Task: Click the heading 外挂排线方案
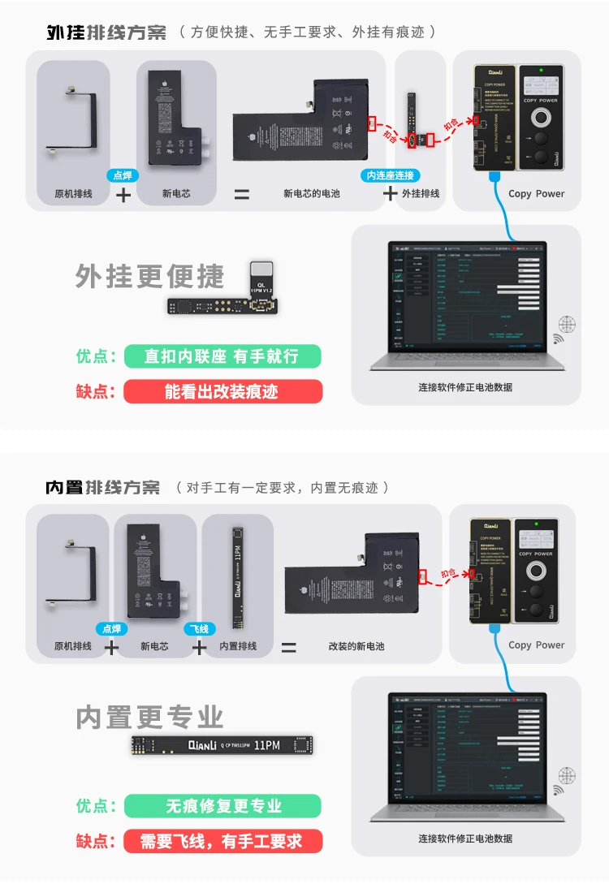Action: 106,32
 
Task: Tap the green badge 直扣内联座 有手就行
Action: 222,356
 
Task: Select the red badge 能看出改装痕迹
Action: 222,391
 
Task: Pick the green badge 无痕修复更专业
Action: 223,806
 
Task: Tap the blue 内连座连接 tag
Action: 391,175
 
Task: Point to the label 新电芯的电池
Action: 312,194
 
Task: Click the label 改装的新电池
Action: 356,647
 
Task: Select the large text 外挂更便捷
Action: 149,277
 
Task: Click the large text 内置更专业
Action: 149,718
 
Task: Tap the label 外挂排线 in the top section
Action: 421,194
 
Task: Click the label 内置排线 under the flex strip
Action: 238,647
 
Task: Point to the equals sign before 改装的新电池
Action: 288,648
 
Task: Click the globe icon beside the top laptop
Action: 567,326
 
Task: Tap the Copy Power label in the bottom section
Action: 536,645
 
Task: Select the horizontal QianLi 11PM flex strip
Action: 222,745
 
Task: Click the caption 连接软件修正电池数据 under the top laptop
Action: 465,387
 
